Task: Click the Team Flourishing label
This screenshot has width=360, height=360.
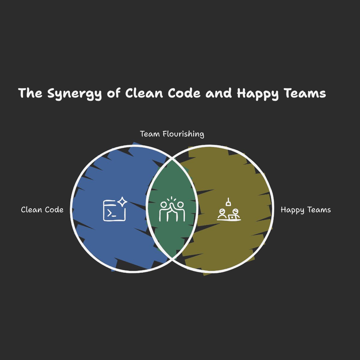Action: tap(172, 134)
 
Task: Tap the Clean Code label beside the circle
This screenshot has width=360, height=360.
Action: tap(42, 210)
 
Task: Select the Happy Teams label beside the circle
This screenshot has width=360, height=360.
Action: tap(306, 210)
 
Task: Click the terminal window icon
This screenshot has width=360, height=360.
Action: tap(114, 210)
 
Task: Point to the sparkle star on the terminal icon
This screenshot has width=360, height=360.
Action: tap(122, 202)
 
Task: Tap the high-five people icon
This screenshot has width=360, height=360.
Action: tap(172, 210)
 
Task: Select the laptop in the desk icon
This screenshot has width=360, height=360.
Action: tap(232, 217)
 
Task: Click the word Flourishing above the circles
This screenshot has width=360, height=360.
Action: tap(183, 134)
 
